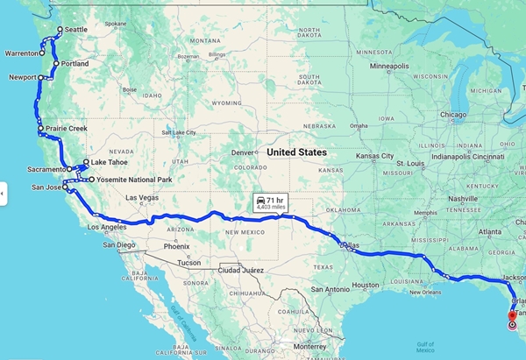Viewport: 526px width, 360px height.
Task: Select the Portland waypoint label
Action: (75, 64)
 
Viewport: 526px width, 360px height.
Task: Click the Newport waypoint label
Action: (20, 77)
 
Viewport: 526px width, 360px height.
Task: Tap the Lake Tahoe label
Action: (110, 162)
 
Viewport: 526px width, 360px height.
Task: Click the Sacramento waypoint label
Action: (46, 169)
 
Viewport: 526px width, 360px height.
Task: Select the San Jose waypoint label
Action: (46, 187)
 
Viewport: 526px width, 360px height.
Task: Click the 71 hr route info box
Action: (271, 201)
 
